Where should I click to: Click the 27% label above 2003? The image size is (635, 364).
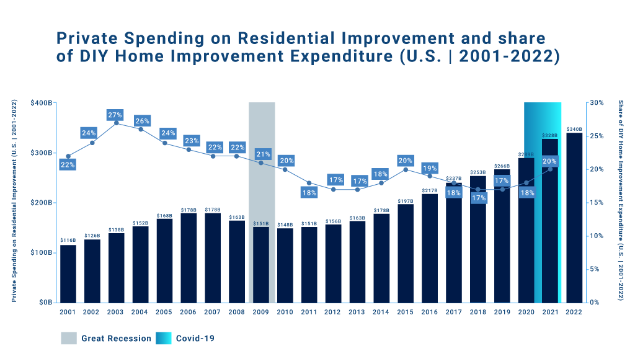coord(116,115)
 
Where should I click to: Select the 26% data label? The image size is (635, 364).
coord(141,121)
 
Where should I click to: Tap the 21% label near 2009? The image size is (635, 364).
coord(262,154)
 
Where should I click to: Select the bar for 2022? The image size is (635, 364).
coord(574,217)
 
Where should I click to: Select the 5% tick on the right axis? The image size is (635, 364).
coord(594,269)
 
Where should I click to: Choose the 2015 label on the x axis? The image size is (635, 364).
coord(406,311)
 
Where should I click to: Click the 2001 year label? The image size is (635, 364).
coord(68,311)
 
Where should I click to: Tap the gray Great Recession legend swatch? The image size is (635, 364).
coord(69,338)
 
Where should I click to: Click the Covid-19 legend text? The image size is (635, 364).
coord(195,339)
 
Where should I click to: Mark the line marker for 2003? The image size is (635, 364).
coord(116,123)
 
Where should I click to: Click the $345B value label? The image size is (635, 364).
coord(574,129)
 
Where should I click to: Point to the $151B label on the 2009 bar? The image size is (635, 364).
coord(261,223)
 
